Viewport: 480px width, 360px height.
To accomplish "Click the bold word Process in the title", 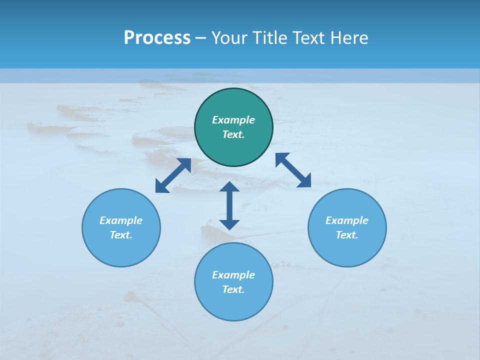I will pos(157,38).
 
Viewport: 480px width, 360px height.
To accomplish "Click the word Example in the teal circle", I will pos(233,120).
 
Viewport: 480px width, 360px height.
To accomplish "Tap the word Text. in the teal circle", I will pos(233,134).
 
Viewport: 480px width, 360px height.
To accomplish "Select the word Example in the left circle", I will pos(121,220).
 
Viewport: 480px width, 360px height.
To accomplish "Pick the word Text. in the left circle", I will pos(121,235).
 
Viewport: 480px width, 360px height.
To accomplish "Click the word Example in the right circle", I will pos(347,220).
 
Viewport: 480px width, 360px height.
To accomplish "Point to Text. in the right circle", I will pos(347,235).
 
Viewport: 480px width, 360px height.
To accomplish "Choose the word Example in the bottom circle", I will pos(233,275).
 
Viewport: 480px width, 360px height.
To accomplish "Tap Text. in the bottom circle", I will pos(233,289).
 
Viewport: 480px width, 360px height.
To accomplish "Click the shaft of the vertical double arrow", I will pos(229,205).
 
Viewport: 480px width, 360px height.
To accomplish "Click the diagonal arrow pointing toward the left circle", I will pos(173,175).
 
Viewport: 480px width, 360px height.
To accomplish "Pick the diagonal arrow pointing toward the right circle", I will pos(293,170).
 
